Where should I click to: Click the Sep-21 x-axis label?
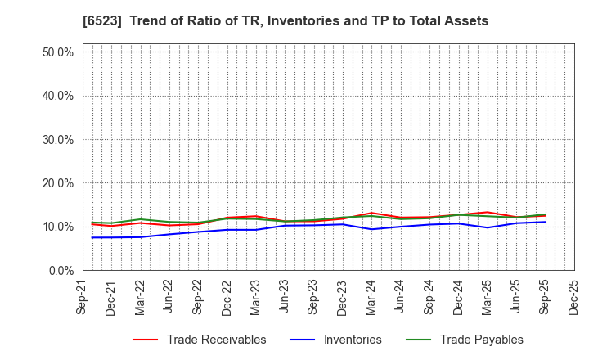click(x=83, y=297)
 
